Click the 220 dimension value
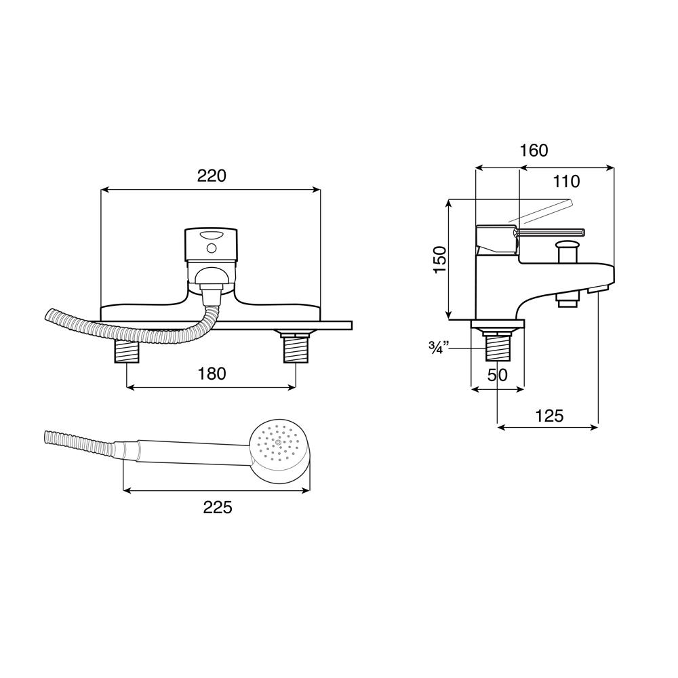(x=212, y=176)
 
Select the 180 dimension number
(x=212, y=374)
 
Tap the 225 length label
(x=218, y=507)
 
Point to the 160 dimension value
(x=534, y=151)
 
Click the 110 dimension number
(x=566, y=182)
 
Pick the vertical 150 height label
(x=440, y=260)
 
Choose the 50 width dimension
(x=497, y=375)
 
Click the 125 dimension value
(x=550, y=416)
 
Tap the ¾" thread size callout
(x=439, y=348)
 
